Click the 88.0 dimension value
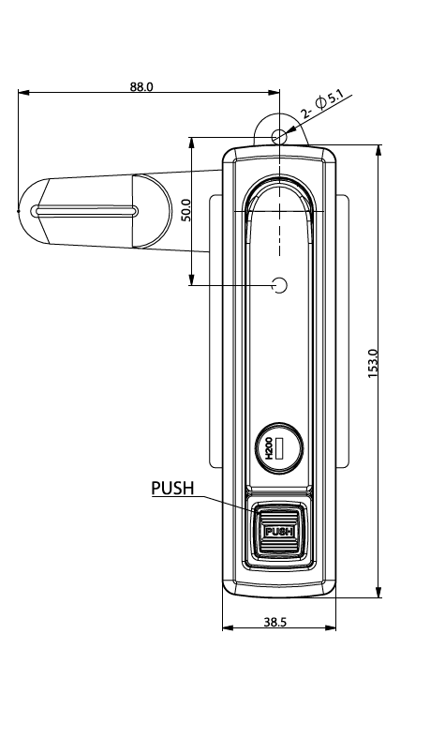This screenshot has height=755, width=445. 141,86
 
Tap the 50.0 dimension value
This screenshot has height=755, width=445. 185,210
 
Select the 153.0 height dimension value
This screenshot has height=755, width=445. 373,364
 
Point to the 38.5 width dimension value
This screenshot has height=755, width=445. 275,622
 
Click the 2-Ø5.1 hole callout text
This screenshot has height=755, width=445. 322,104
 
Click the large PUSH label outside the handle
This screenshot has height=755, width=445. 172,488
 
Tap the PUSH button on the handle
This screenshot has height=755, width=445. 278,532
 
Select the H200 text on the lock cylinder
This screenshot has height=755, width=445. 269,448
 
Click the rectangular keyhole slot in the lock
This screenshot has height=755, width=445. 279,448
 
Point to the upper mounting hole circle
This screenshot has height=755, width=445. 279,137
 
